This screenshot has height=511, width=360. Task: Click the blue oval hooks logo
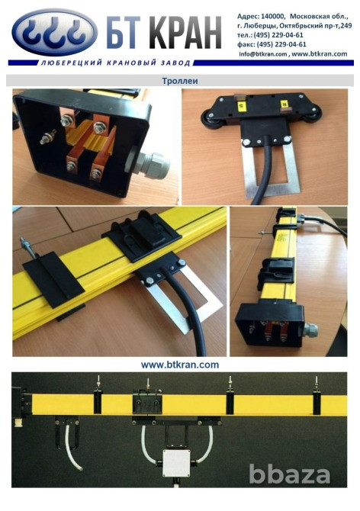(54, 31)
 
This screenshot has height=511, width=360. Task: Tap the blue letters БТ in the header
(126, 34)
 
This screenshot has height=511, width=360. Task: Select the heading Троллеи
(180, 81)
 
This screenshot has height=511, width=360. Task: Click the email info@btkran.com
(263, 54)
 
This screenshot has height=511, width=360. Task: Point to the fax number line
(272, 44)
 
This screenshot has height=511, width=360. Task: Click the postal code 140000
(273, 16)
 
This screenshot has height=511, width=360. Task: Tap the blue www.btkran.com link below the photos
(180, 365)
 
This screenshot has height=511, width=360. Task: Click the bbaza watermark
(290, 474)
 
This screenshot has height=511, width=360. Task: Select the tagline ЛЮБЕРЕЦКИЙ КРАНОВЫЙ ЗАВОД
(115, 63)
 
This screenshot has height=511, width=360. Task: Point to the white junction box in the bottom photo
(176, 464)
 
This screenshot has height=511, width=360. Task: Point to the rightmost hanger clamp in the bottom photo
(317, 400)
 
